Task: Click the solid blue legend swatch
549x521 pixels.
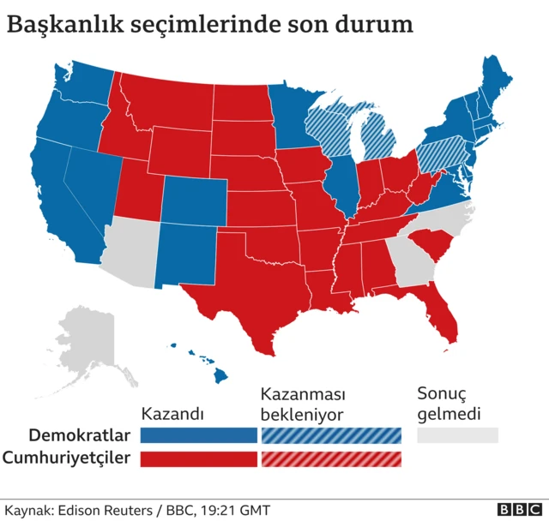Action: (199, 435)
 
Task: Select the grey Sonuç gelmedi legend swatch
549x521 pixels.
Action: (457, 435)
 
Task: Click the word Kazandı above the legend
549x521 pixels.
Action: (172, 414)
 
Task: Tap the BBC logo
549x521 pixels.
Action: (517, 509)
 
